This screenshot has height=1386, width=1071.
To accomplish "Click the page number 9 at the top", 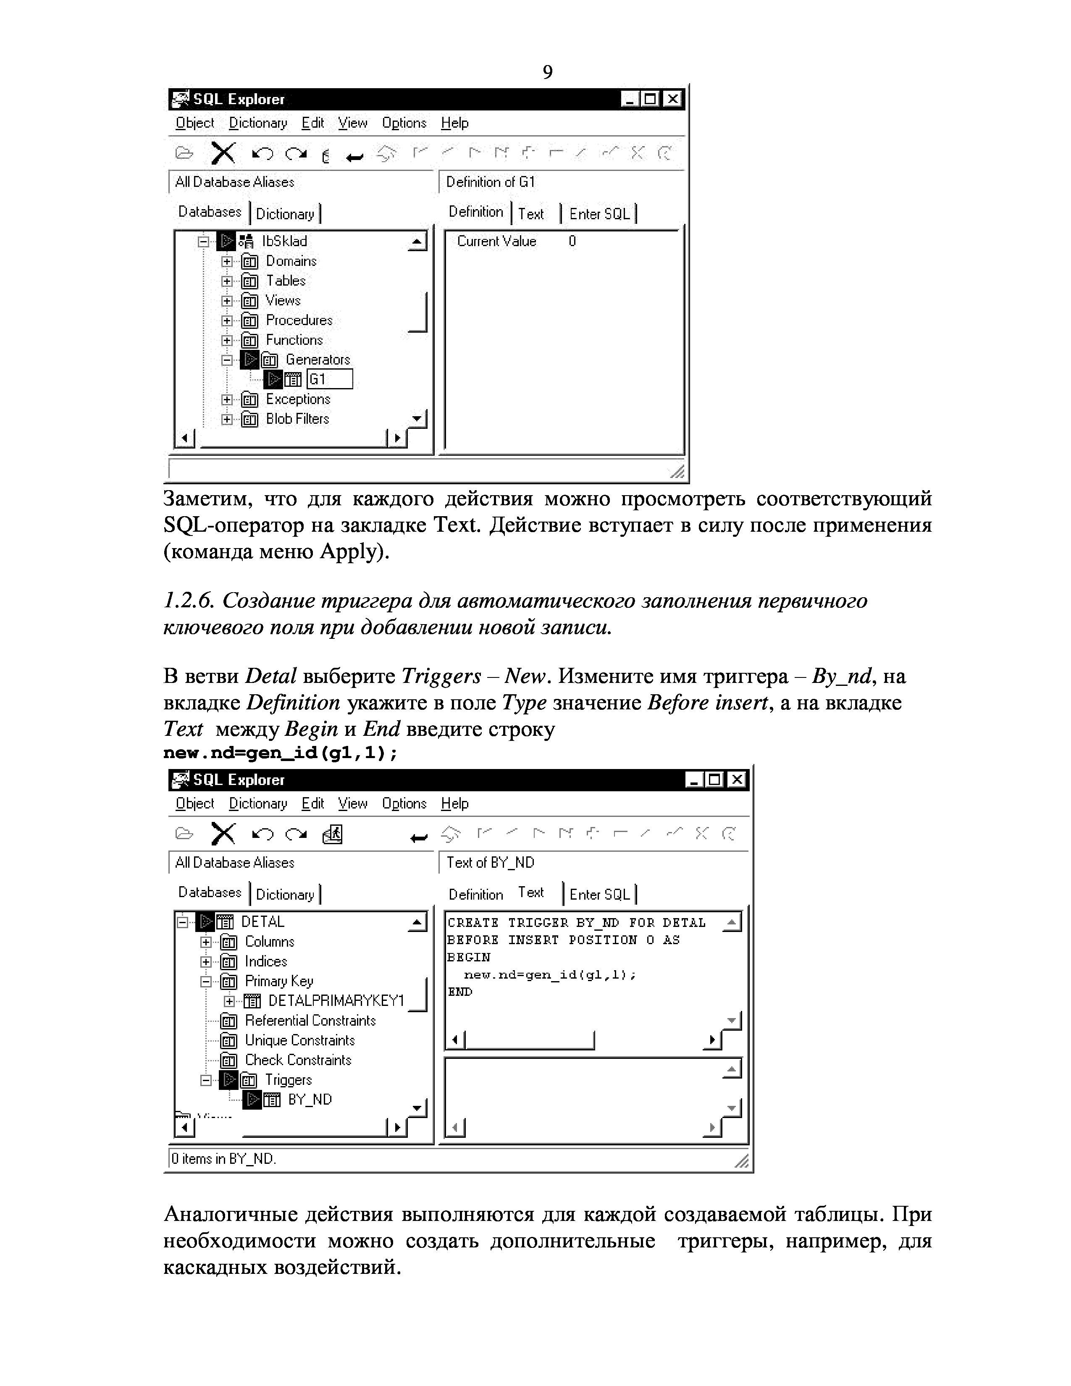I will pyautogui.click(x=548, y=72).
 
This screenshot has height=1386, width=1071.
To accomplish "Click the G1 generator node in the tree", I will pyautogui.click(x=318, y=380).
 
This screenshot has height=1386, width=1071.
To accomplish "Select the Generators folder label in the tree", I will pyautogui.click(x=317, y=360).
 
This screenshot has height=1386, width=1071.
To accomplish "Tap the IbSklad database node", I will pyautogui.click(x=284, y=241).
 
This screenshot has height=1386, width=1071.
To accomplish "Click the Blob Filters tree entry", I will pyautogui.click(x=297, y=419).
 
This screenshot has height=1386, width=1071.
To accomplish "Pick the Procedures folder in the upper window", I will pyautogui.click(x=299, y=320).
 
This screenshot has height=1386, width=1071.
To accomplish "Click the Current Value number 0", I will pyautogui.click(x=572, y=241).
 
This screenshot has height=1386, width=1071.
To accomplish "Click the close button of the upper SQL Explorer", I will pyautogui.click(x=672, y=99).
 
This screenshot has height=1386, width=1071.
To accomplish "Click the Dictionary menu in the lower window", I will pyautogui.click(x=257, y=803).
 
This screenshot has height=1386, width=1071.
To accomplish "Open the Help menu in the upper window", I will pyautogui.click(x=454, y=123).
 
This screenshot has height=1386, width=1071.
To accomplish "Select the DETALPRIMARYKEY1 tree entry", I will pyautogui.click(x=336, y=1001).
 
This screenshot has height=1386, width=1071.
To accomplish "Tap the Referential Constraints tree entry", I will pyautogui.click(x=310, y=1021).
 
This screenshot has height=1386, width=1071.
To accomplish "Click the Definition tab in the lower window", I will pyautogui.click(x=475, y=894).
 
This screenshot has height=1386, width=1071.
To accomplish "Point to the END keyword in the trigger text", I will pyautogui.click(x=460, y=991).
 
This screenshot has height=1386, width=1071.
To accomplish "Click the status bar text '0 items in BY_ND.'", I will pyautogui.click(x=224, y=1159).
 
